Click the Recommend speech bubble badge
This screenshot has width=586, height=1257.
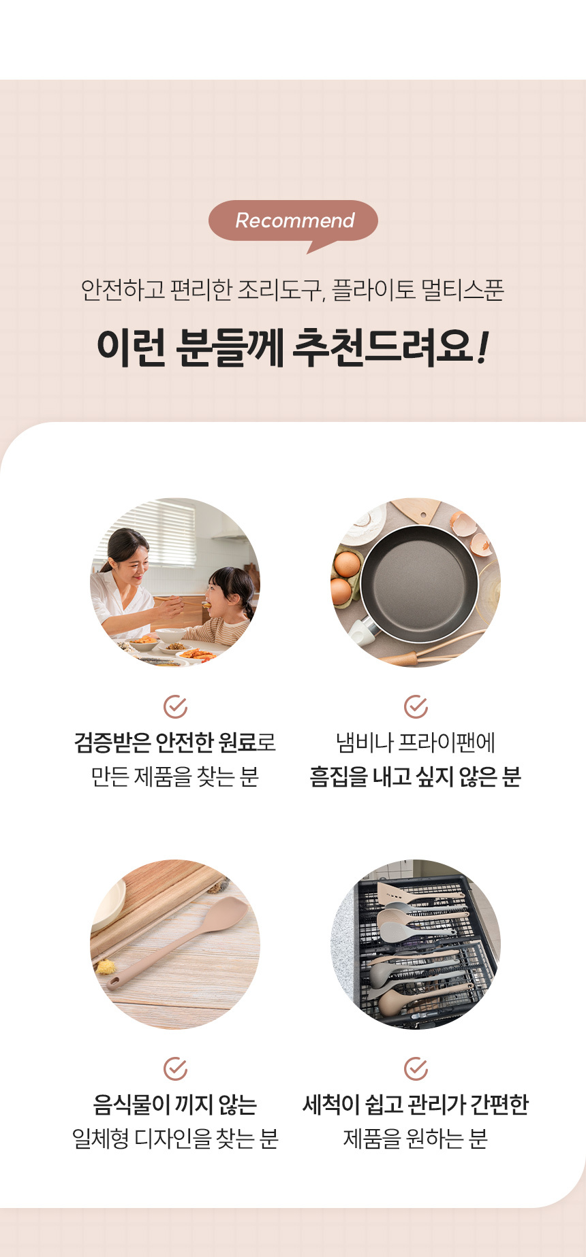[x=293, y=221]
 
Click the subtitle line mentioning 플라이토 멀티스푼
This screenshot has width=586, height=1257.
[x=293, y=290]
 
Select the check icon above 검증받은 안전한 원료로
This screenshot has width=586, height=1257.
[x=175, y=707]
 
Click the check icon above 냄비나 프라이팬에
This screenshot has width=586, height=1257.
[x=416, y=707]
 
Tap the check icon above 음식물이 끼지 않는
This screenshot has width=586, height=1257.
[x=175, y=1068]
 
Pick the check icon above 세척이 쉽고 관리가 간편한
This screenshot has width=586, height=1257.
[x=416, y=1068]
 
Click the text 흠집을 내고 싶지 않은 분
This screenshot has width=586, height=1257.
[x=416, y=777]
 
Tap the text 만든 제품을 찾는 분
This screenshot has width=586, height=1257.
[x=175, y=777]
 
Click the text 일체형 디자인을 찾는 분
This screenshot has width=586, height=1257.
[x=175, y=1138]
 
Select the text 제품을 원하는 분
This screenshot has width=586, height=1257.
[x=416, y=1138]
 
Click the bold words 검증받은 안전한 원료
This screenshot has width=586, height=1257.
[x=166, y=741]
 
